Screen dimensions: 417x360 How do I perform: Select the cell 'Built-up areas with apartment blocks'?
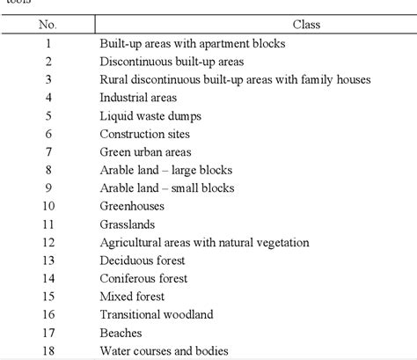pos(192,42)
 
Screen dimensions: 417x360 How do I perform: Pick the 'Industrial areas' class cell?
pos(138,97)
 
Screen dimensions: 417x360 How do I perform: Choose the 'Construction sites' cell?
pos(144,133)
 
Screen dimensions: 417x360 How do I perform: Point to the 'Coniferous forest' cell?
pos(143,278)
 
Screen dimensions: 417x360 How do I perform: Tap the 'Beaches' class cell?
pos(121,332)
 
